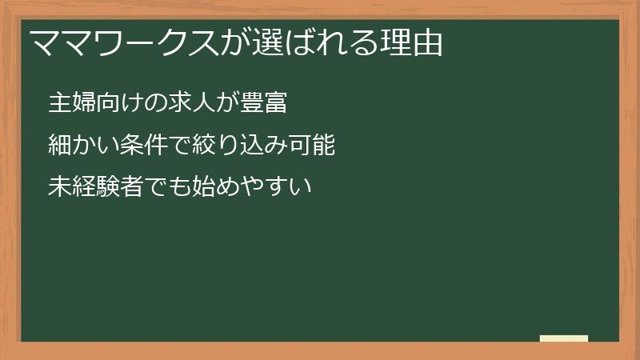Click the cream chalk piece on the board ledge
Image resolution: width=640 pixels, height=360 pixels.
(x=564, y=338)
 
